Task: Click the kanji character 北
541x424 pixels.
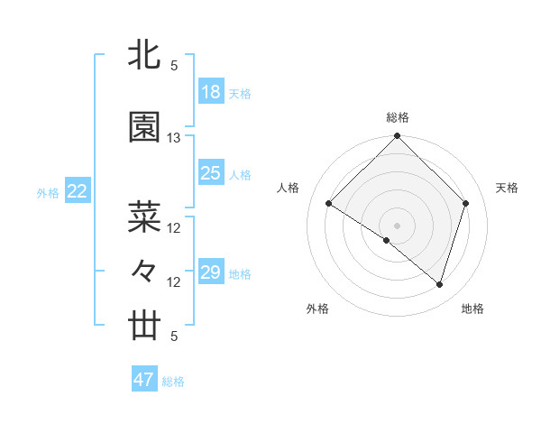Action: pos(145,54)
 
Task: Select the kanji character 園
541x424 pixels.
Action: pos(145,128)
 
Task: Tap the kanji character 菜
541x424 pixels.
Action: pos(145,217)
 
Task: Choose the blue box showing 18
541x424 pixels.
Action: pos(210,92)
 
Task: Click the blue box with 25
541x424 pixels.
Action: pos(210,173)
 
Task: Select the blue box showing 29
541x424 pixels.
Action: pos(210,272)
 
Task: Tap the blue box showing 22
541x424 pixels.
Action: pos(77,191)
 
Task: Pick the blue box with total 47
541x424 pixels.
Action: pos(143,380)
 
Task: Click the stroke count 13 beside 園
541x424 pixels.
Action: pos(174,138)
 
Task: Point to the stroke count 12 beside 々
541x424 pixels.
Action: pos(174,282)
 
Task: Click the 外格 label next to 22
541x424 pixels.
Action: pos(47,192)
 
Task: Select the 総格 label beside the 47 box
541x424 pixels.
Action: pos(173,382)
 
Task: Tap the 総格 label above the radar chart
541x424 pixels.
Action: pos(397,117)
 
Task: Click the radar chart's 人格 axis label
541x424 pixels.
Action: pos(289,188)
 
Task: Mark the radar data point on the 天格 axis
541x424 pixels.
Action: pos(465,203)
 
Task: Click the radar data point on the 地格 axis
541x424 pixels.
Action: pos(439,284)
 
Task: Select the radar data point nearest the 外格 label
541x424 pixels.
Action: pos(387,240)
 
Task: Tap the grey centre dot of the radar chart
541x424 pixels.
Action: pos(397,225)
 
